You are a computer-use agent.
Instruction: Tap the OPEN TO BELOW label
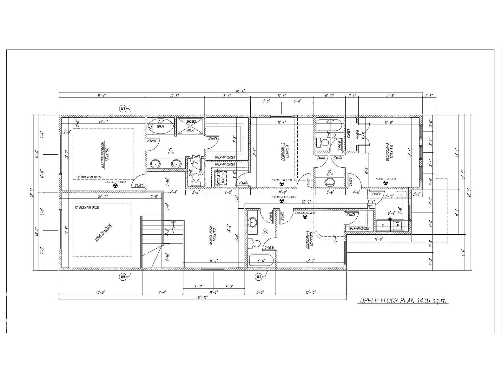tap(103, 233)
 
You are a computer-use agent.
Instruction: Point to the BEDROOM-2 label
tap(283, 152)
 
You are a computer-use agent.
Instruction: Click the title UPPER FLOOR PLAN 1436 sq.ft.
tap(403, 301)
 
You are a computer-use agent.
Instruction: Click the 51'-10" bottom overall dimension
tap(203, 297)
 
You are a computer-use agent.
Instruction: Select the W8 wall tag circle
tap(123, 277)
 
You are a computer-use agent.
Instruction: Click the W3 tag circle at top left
tap(123, 109)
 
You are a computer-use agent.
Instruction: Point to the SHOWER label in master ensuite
tap(191, 122)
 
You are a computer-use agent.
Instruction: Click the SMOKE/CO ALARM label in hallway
tap(284, 197)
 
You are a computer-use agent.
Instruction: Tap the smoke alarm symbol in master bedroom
tap(115, 186)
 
